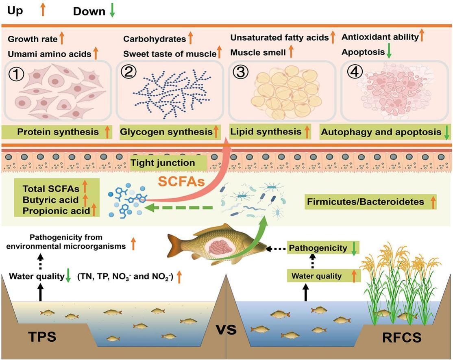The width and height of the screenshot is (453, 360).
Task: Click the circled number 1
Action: [19, 74]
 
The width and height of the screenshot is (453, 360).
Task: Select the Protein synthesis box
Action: [57, 132]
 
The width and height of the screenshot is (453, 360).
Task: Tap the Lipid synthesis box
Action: [270, 132]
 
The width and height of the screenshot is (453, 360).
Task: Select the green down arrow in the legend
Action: [112, 11]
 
